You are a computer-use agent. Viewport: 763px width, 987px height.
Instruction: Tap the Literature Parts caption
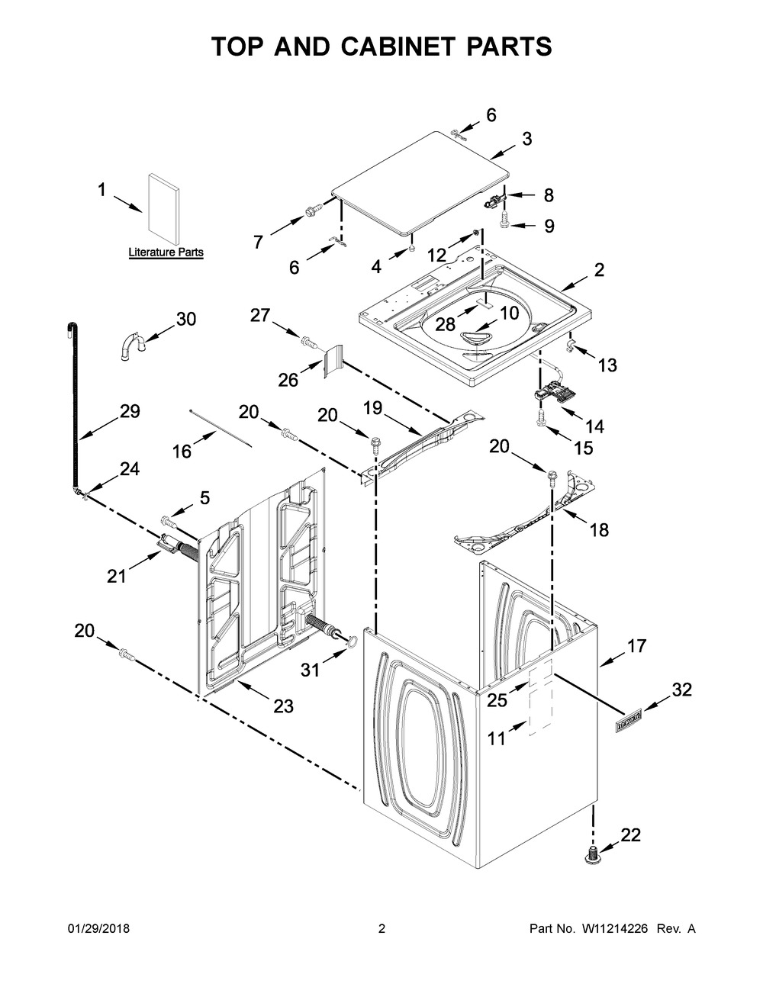166,252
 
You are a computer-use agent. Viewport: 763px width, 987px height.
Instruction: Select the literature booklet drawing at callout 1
163,210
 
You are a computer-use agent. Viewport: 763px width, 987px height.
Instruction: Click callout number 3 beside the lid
526,139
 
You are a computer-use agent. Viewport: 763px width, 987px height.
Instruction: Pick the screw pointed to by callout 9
504,220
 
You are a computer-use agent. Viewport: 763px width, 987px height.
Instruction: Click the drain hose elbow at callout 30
133,345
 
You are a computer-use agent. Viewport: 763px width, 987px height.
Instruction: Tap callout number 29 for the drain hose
130,412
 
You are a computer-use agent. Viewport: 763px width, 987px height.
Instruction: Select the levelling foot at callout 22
593,855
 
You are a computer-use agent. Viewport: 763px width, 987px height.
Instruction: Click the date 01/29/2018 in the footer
98,929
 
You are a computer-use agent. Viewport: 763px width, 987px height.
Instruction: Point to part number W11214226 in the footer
614,929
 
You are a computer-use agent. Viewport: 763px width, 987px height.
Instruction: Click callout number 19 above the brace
373,408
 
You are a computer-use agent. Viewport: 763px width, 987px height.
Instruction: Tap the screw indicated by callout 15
540,417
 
